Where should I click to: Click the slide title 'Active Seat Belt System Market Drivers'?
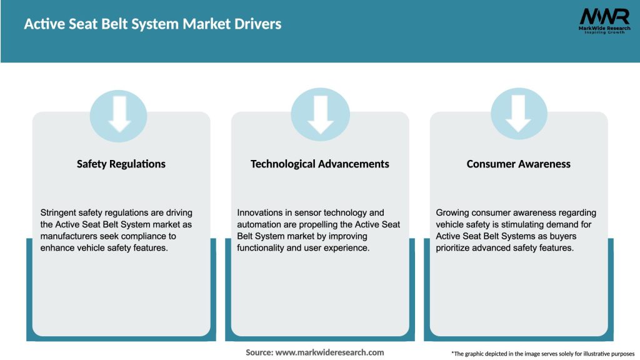click(x=152, y=24)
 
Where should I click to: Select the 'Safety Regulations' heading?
click(x=121, y=164)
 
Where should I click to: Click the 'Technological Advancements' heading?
click(x=320, y=164)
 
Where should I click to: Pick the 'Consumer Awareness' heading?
click(x=519, y=164)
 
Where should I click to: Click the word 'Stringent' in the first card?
click(x=61, y=212)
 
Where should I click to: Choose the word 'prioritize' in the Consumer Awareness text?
click(x=457, y=248)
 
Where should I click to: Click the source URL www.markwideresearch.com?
click(x=329, y=352)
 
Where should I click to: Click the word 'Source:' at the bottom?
click(x=259, y=352)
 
